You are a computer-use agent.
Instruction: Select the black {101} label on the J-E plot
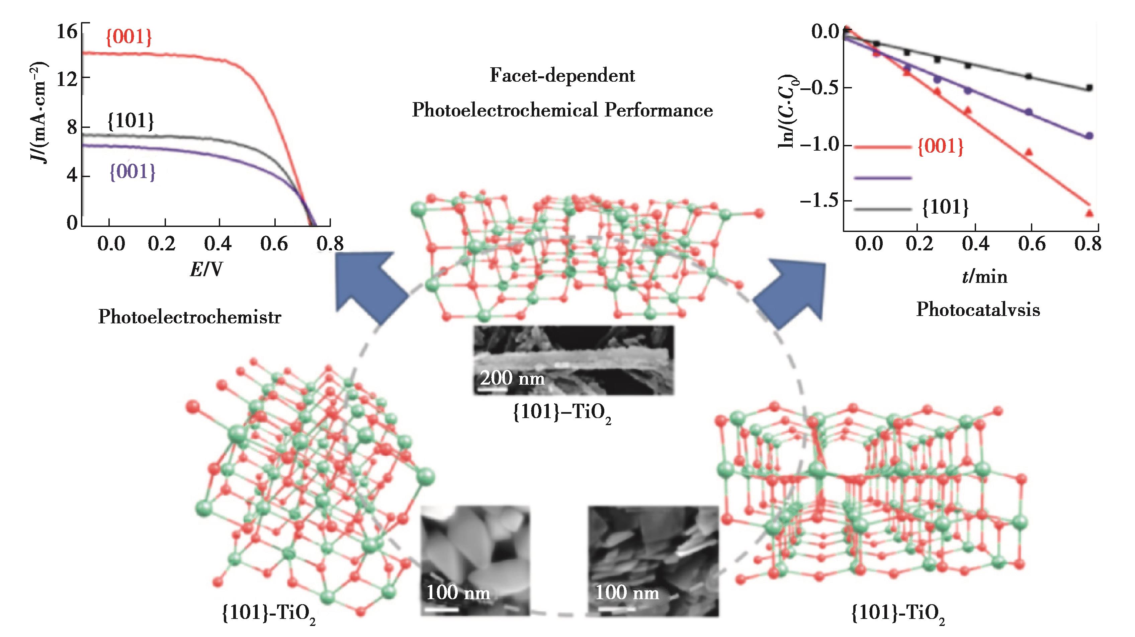[x=131, y=121]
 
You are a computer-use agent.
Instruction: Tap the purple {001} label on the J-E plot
[x=132, y=171]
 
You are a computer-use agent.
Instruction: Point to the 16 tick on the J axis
[x=67, y=32]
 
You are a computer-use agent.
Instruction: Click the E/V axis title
[x=206, y=268]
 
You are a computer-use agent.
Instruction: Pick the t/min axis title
[x=984, y=276]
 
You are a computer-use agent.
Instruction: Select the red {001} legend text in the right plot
[x=940, y=146]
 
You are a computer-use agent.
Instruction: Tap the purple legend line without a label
[x=882, y=178]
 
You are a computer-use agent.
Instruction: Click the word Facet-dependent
[x=562, y=76]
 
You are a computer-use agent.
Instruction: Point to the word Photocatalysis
[x=978, y=310]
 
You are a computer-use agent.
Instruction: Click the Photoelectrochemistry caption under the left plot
[x=189, y=317]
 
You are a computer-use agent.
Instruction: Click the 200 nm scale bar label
[x=512, y=378]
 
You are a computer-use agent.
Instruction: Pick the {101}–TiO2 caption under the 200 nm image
[x=562, y=413]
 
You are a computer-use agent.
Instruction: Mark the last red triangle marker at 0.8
[x=1089, y=213]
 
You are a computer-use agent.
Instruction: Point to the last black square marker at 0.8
[x=1089, y=88]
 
